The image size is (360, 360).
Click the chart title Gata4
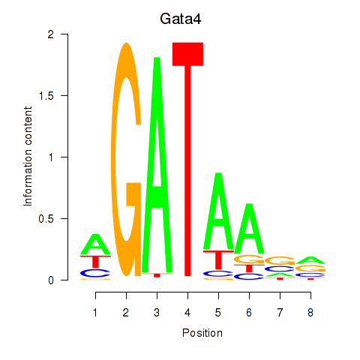tap(181, 19)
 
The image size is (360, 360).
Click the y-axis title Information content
tap(28, 157)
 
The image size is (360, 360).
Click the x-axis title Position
tap(202, 333)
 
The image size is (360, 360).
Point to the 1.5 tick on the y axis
tap(65, 95)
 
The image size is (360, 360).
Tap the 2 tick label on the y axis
tap(51, 34)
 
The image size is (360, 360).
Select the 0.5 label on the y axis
tap(46, 219)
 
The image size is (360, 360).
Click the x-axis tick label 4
tap(187, 313)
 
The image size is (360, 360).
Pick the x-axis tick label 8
tap(310, 313)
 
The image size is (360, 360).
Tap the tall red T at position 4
tap(187, 160)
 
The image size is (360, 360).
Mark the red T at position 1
tap(95, 262)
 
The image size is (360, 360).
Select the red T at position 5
tap(218, 260)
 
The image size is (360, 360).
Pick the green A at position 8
tap(310, 261)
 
